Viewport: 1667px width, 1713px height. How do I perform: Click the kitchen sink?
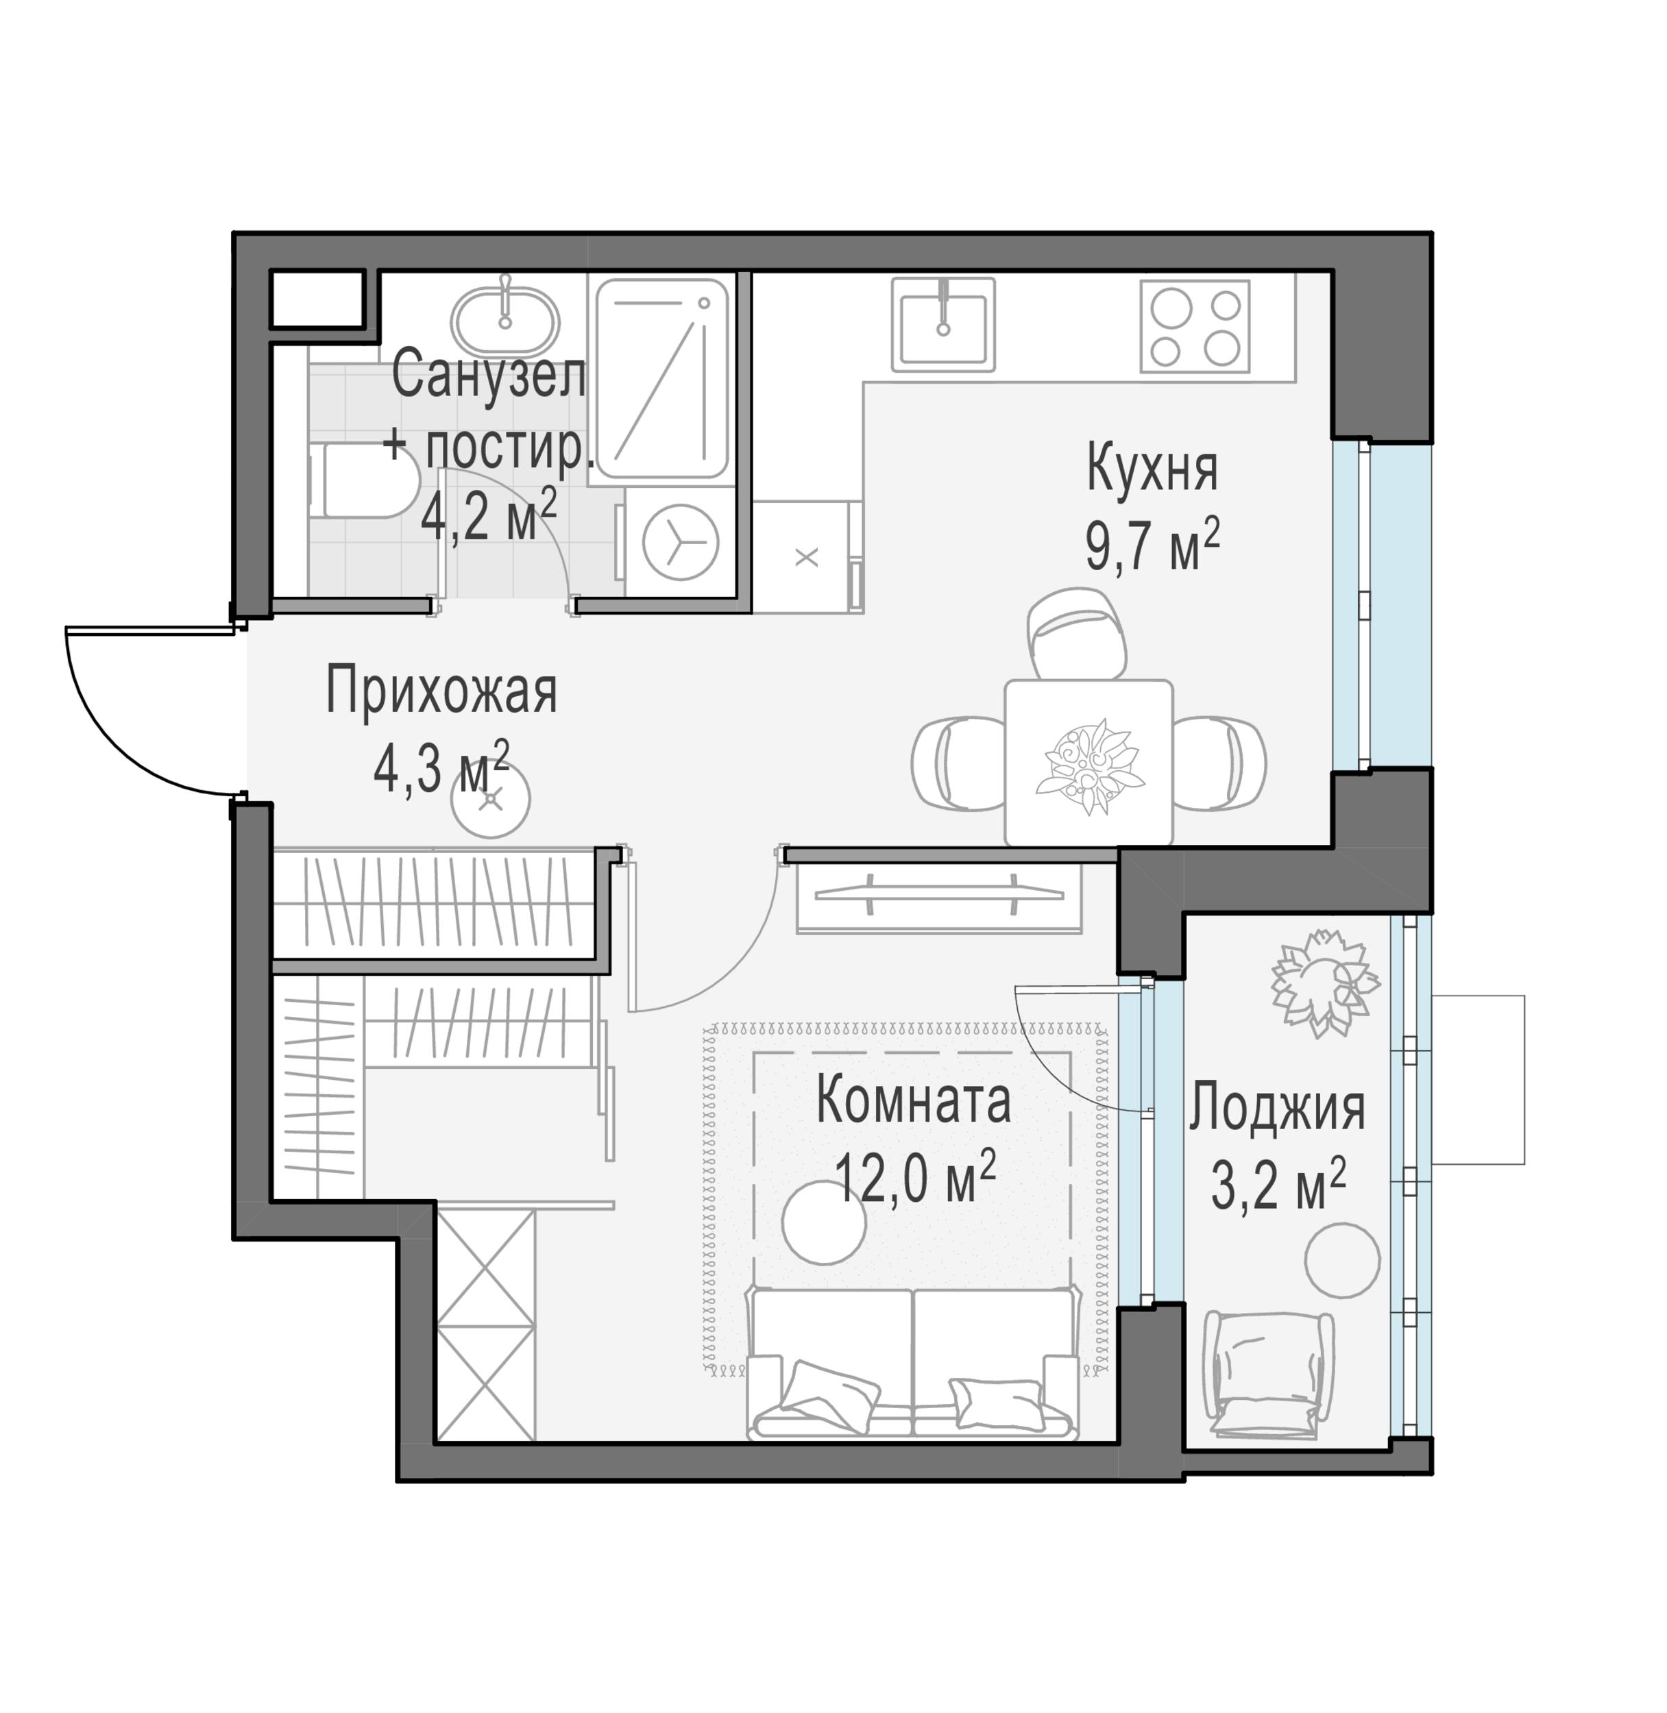coord(943,324)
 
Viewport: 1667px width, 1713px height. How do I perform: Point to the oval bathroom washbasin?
coord(504,319)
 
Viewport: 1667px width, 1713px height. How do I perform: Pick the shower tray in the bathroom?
coord(663,378)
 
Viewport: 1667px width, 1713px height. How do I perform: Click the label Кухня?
coord(1152,469)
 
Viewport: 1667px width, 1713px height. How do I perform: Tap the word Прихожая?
coord(441,691)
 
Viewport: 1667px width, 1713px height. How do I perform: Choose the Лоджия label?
coord(1276,1107)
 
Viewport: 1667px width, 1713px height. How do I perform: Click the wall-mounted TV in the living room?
coord(938,895)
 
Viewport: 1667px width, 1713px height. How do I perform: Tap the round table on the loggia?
coord(1341,1261)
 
